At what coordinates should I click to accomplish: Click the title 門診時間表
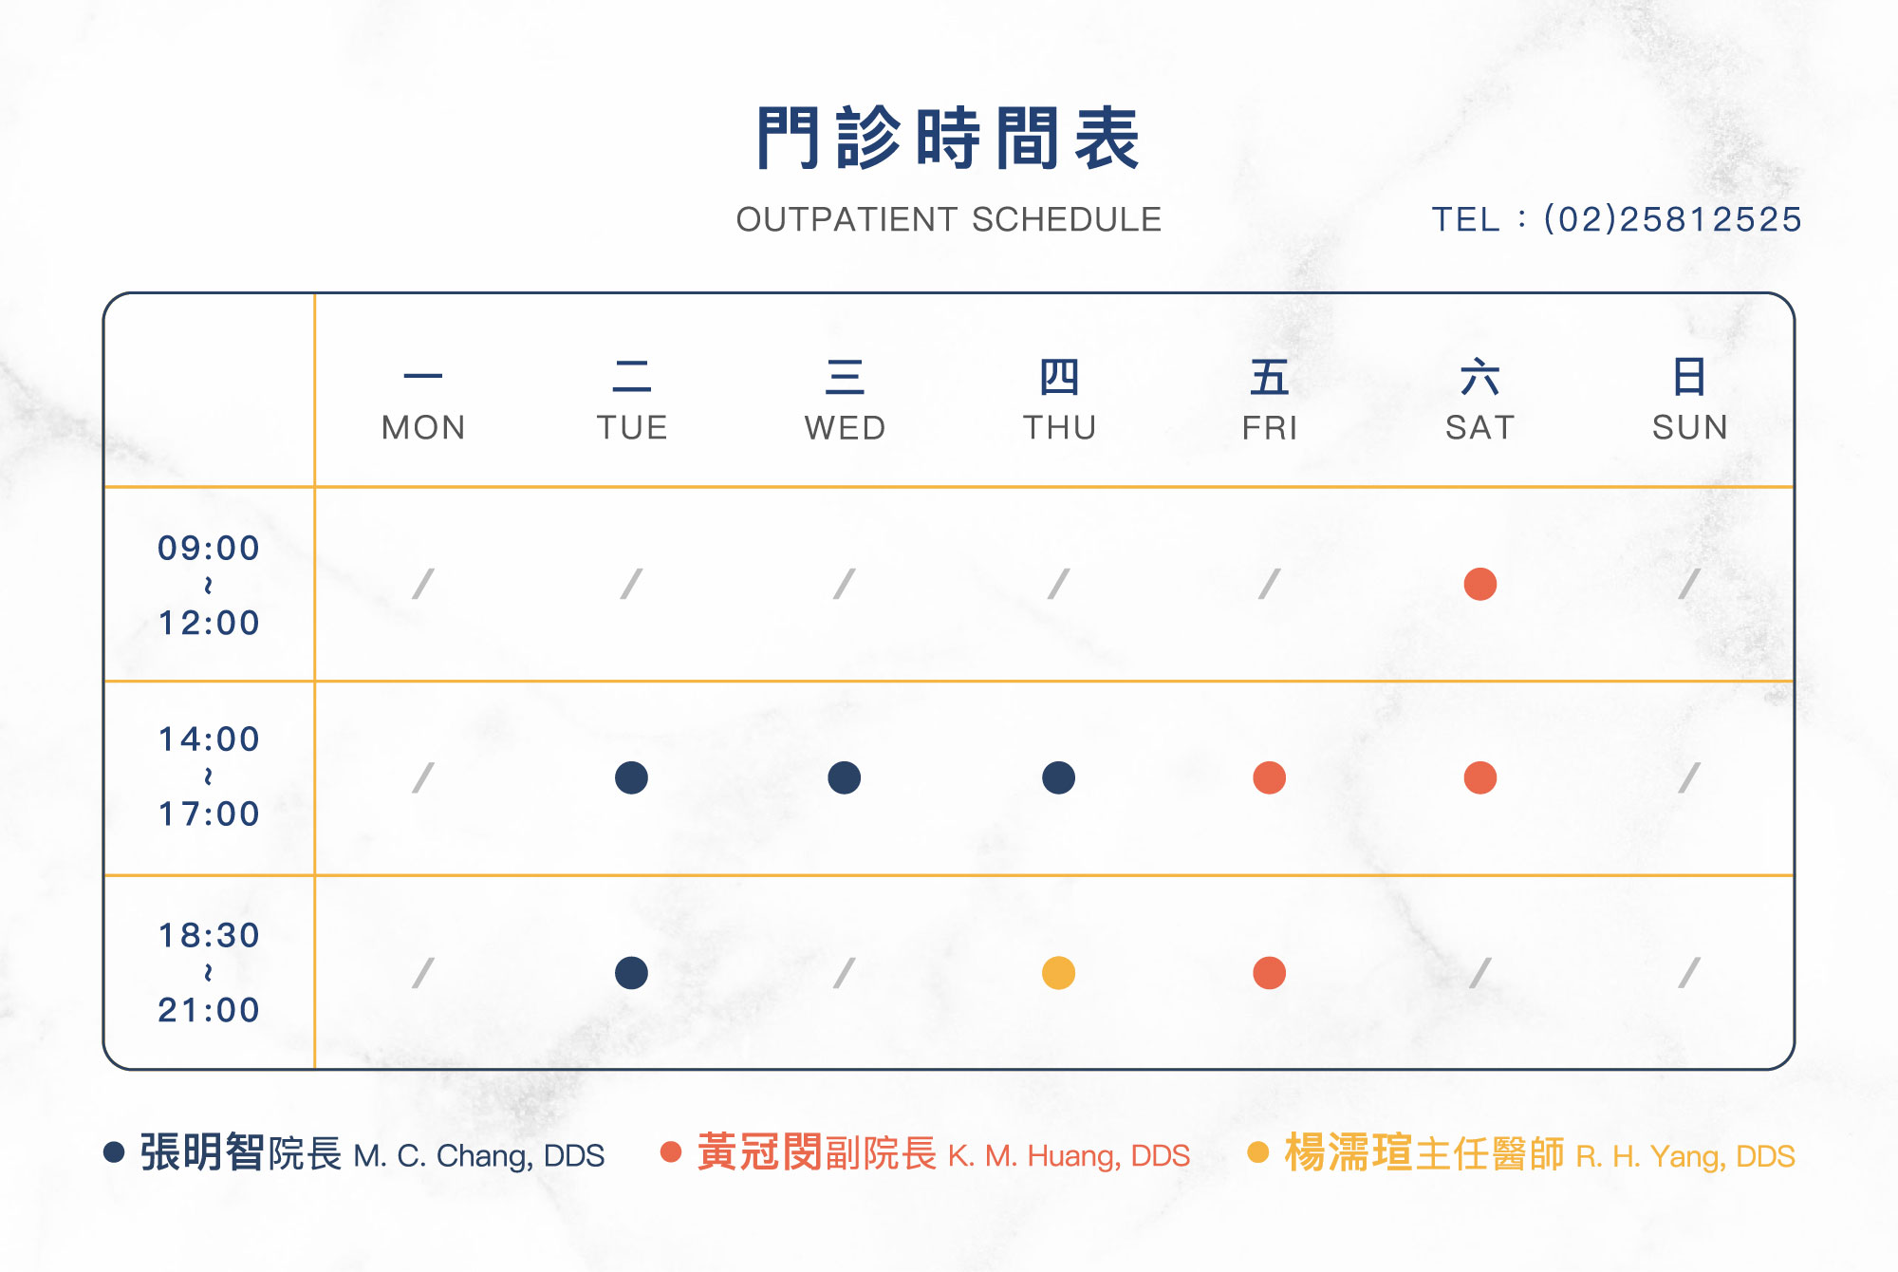tap(948, 139)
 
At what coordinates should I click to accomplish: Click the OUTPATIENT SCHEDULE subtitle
tap(949, 219)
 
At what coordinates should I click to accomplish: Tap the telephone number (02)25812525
tap(1672, 219)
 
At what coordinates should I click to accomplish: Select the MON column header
tap(423, 427)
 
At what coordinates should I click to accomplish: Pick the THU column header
tap(1059, 427)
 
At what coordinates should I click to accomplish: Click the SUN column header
tap(1689, 427)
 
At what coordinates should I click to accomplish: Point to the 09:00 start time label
tap(209, 548)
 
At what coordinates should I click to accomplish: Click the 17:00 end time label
tap(209, 814)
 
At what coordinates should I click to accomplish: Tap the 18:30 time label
tap(209, 935)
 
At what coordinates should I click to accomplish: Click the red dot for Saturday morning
tap(1480, 584)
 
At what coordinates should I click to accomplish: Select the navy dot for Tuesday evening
tap(631, 973)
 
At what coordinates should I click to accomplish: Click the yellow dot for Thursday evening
tap(1058, 973)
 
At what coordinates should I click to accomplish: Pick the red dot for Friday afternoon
tap(1270, 777)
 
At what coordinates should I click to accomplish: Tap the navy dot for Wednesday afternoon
tap(845, 777)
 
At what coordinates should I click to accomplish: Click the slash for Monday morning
tap(423, 584)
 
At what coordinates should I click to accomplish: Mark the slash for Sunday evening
tap(1689, 973)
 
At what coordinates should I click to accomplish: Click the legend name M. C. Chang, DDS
tap(478, 1156)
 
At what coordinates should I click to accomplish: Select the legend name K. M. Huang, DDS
tap(1069, 1156)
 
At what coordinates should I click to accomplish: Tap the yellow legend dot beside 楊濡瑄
tap(1258, 1152)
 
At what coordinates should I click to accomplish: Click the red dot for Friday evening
tap(1270, 973)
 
